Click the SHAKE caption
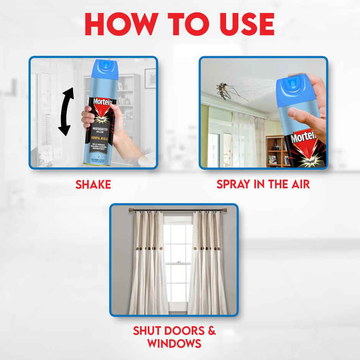tap(93, 185)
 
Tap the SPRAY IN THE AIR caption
tap(263, 184)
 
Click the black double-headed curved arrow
tap(66, 111)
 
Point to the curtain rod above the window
tap(177, 210)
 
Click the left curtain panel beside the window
tap(148, 264)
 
